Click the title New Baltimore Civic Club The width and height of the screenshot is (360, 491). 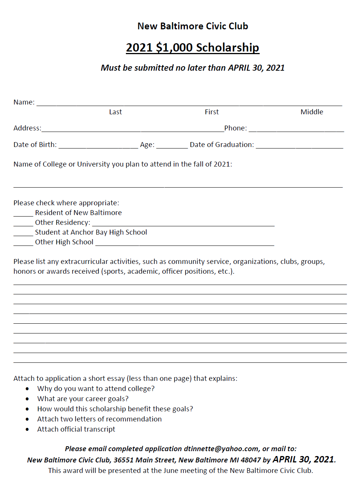point(192,26)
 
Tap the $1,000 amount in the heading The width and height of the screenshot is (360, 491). point(174,47)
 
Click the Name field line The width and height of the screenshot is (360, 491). point(189,104)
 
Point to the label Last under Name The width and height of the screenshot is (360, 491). point(115,112)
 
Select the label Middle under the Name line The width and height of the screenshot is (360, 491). point(312,112)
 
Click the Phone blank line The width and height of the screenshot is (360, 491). point(296,130)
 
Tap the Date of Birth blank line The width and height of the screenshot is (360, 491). point(98,147)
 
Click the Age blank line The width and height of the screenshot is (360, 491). point(172,147)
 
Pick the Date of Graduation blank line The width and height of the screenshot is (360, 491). point(299,147)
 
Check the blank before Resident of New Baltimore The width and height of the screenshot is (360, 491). point(23,215)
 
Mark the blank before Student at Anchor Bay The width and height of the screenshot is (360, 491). point(23,234)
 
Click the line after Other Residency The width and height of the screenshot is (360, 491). point(183,224)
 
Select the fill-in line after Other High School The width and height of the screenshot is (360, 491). point(185,244)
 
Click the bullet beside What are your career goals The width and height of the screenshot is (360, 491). point(27,399)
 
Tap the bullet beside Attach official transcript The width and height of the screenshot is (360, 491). point(27,429)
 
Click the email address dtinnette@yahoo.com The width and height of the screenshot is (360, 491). point(221,449)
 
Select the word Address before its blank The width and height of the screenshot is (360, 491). point(27,128)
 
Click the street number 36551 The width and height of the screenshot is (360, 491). point(124,460)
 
